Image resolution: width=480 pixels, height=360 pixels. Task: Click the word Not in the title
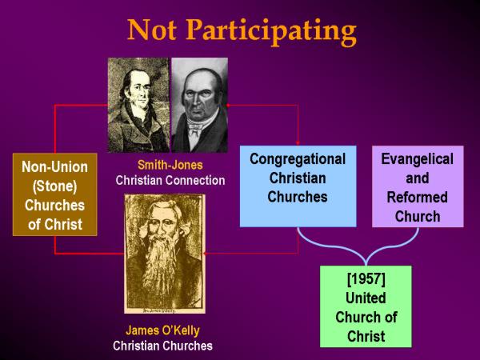(152, 30)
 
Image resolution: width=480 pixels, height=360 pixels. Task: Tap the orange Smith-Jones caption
(170, 165)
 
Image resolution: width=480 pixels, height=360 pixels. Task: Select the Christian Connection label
(170, 180)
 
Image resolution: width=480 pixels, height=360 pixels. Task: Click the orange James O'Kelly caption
(162, 330)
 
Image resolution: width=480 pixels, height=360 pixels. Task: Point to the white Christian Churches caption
(162, 346)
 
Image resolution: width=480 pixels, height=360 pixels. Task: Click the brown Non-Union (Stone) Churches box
(54, 194)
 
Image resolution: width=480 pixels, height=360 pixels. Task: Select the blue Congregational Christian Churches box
(298, 186)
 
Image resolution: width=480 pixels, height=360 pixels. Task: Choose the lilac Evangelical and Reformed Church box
(418, 186)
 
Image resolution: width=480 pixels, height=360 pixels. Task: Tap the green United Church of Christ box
(366, 306)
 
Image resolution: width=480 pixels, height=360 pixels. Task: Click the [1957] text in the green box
(366, 279)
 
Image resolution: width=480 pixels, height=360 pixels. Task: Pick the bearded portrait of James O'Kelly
(164, 254)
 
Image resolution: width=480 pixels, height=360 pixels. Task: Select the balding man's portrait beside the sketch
(199, 105)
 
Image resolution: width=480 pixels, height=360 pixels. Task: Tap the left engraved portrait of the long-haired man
(139, 105)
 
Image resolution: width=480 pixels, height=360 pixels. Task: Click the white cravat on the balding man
(195, 127)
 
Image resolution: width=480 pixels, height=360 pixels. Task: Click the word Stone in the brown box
(54, 186)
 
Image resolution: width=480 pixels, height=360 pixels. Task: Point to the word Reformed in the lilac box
(418, 198)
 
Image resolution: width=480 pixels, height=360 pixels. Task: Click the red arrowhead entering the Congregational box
(298, 143)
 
